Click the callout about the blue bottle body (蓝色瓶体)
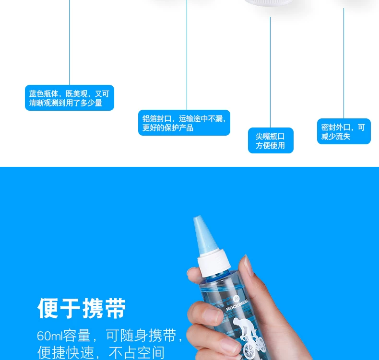pyautogui.click(x=70, y=98)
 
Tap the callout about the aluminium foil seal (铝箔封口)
pyautogui.click(x=184, y=123)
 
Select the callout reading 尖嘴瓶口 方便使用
pyautogui.click(x=271, y=140)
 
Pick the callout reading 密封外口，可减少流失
pyautogui.click(x=343, y=131)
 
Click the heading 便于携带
pyautogui.click(x=82, y=308)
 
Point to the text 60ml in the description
pyautogui.click(x=49, y=336)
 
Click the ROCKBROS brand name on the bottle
pyautogui.click(x=237, y=305)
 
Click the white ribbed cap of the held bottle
pyautogui.click(x=213, y=263)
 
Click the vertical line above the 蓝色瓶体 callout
pyautogui.click(x=70, y=42)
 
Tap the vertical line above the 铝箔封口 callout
pyautogui.click(x=187, y=55)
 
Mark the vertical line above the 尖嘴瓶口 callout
pyautogui.click(x=270, y=72)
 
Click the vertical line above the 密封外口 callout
pyautogui.click(x=343, y=63)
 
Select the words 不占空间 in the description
pyautogui.click(x=137, y=352)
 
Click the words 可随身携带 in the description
pyautogui.click(x=141, y=336)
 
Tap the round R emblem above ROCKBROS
pyautogui.click(x=236, y=299)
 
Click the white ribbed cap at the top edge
pyautogui.click(x=268, y=2)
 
